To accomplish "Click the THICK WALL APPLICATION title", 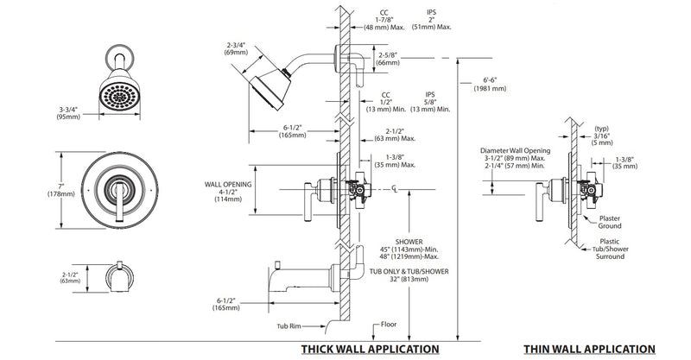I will click(x=369, y=349).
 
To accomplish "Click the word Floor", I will click(x=387, y=325).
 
